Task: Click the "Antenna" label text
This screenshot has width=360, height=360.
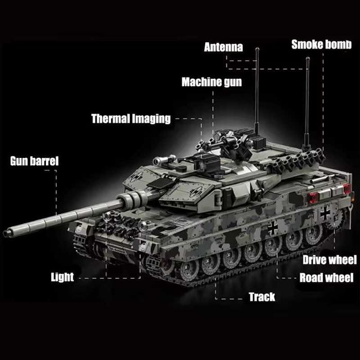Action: pos(223,47)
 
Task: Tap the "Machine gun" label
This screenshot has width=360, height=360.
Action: pos(211,82)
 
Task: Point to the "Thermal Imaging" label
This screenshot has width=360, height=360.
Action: pos(131,119)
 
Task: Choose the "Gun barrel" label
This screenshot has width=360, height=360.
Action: pos(34,161)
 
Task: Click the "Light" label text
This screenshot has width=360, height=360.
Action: pos(62,277)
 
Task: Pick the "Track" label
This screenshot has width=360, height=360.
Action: pos(262,297)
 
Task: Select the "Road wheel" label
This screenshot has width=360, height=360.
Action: pos(326,278)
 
